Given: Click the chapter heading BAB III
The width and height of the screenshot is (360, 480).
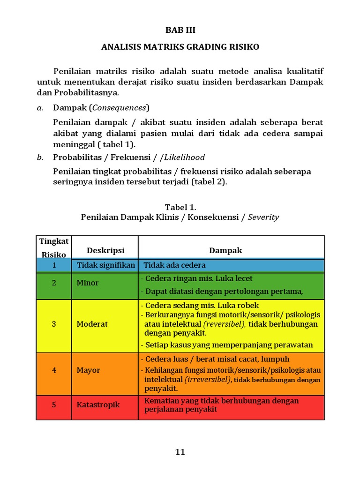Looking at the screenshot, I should coord(180,30).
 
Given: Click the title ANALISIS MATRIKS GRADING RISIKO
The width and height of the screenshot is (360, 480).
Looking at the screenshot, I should coord(180,47).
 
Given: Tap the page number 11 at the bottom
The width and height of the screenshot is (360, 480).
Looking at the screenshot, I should coord(180,452).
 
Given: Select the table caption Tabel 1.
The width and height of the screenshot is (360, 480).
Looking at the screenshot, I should coord(180,207).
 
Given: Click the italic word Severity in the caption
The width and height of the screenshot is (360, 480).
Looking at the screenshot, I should coord(263,217).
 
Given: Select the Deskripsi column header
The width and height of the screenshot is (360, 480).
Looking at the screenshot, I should coord(105,251).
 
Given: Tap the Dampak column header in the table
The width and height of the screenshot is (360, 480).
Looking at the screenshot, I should coord(225,250).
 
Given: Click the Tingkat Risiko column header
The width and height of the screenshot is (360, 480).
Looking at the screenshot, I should coord(54,247).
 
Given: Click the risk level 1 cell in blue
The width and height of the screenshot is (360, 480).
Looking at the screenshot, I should coord(54,265).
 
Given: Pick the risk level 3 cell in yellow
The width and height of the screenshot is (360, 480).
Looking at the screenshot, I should coord(54,324).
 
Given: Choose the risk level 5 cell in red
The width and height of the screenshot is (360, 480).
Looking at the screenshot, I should coord(54,405).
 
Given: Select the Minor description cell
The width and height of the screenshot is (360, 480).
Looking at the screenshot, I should coord(88,283).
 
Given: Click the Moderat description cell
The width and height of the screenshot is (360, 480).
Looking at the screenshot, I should coord(92,324).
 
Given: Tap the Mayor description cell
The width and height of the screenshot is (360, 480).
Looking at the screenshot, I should coord(89,370).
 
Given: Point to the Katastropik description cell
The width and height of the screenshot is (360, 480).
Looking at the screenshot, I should coord(98,405).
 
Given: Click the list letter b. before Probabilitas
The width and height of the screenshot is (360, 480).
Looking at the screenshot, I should coord(40,157).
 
